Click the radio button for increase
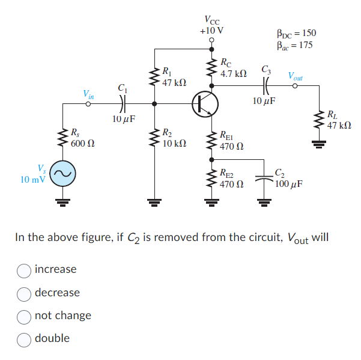point(25,270)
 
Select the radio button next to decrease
point(25,293)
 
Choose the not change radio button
point(25,316)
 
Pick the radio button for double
point(25,338)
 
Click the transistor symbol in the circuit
point(205,104)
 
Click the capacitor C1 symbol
point(123,104)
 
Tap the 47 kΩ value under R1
point(175,81)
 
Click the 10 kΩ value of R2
point(175,144)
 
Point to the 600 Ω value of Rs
point(82,144)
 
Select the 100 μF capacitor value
point(289,183)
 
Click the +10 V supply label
point(211,30)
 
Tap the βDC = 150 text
point(296,33)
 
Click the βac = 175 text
point(294,45)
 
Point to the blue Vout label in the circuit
point(295,76)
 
